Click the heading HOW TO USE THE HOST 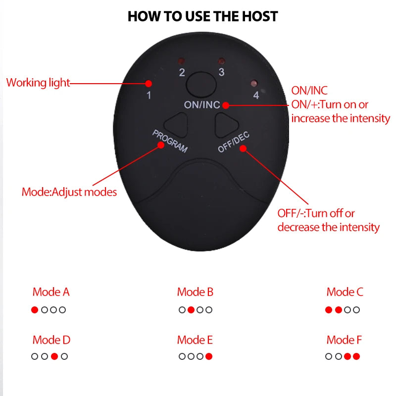[202, 16]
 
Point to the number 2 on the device [182, 73]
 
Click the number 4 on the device [256, 96]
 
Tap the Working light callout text [38, 83]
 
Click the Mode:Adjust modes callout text [69, 192]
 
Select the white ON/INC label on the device [201, 105]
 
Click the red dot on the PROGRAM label [160, 145]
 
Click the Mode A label [51, 292]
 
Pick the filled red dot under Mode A [34, 310]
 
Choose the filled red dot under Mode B [191, 310]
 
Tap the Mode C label [345, 292]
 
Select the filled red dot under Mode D [54, 356]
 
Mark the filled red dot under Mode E [209, 356]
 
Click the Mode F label [344, 340]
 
